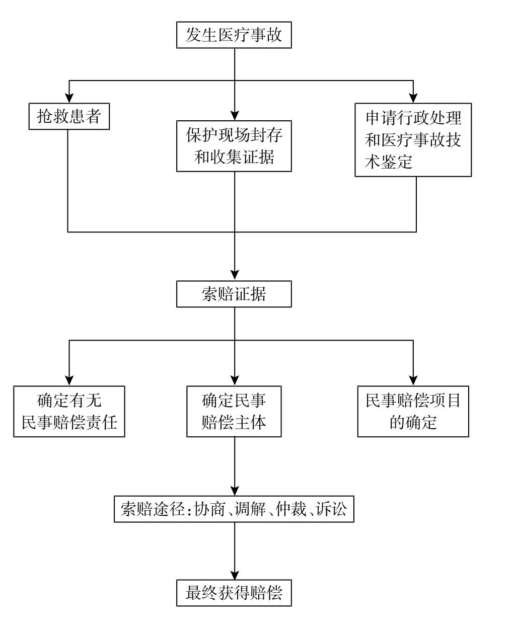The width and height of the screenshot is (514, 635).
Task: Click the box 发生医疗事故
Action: (234, 35)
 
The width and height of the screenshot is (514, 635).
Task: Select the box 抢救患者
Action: (68, 116)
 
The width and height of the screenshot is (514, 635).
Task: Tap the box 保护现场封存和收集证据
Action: (234, 146)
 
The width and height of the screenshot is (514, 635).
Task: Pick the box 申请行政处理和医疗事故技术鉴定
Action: (413, 139)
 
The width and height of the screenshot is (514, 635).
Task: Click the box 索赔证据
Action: (234, 294)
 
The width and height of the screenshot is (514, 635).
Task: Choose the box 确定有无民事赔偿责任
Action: (69, 411)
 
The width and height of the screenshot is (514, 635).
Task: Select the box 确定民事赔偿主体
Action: (234, 411)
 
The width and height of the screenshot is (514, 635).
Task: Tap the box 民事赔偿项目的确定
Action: (413, 411)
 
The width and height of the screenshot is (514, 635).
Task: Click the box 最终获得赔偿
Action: (234, 592)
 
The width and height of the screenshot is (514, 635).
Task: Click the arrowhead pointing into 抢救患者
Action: (68, 99)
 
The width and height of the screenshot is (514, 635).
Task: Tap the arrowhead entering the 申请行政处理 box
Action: (413, 98)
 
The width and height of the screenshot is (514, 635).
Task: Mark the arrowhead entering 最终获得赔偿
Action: (234, 575)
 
